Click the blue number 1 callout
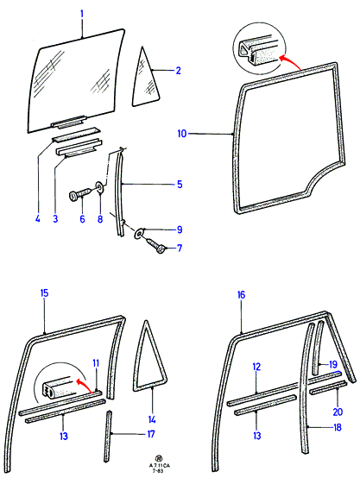(82, 14)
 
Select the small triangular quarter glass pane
(145, 80)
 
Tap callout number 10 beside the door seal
(182, 134)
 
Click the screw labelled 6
(80, 194)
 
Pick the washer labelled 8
(99, 187)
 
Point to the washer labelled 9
(139, 234)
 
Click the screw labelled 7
(156, 245)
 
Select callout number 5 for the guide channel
(180, 184)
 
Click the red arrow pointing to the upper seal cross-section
(289, 60)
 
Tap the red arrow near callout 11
(85, 385)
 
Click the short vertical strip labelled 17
(108, 437)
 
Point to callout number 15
(44, 293)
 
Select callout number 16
(241, 295)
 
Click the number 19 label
(333, 364)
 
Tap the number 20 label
(338, 412)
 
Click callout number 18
(338, 427)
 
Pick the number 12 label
(256, 367)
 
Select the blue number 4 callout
(37, 218)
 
